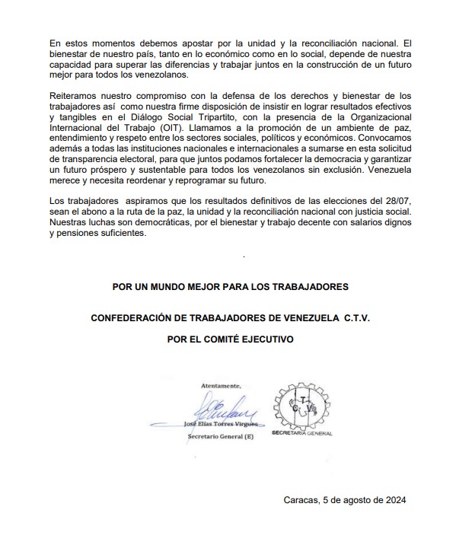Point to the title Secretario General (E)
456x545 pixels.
click(220, 438)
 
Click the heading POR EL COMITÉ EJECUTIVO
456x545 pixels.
click(230, 339)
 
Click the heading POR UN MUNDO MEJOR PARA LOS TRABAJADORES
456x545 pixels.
click(230, 287)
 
